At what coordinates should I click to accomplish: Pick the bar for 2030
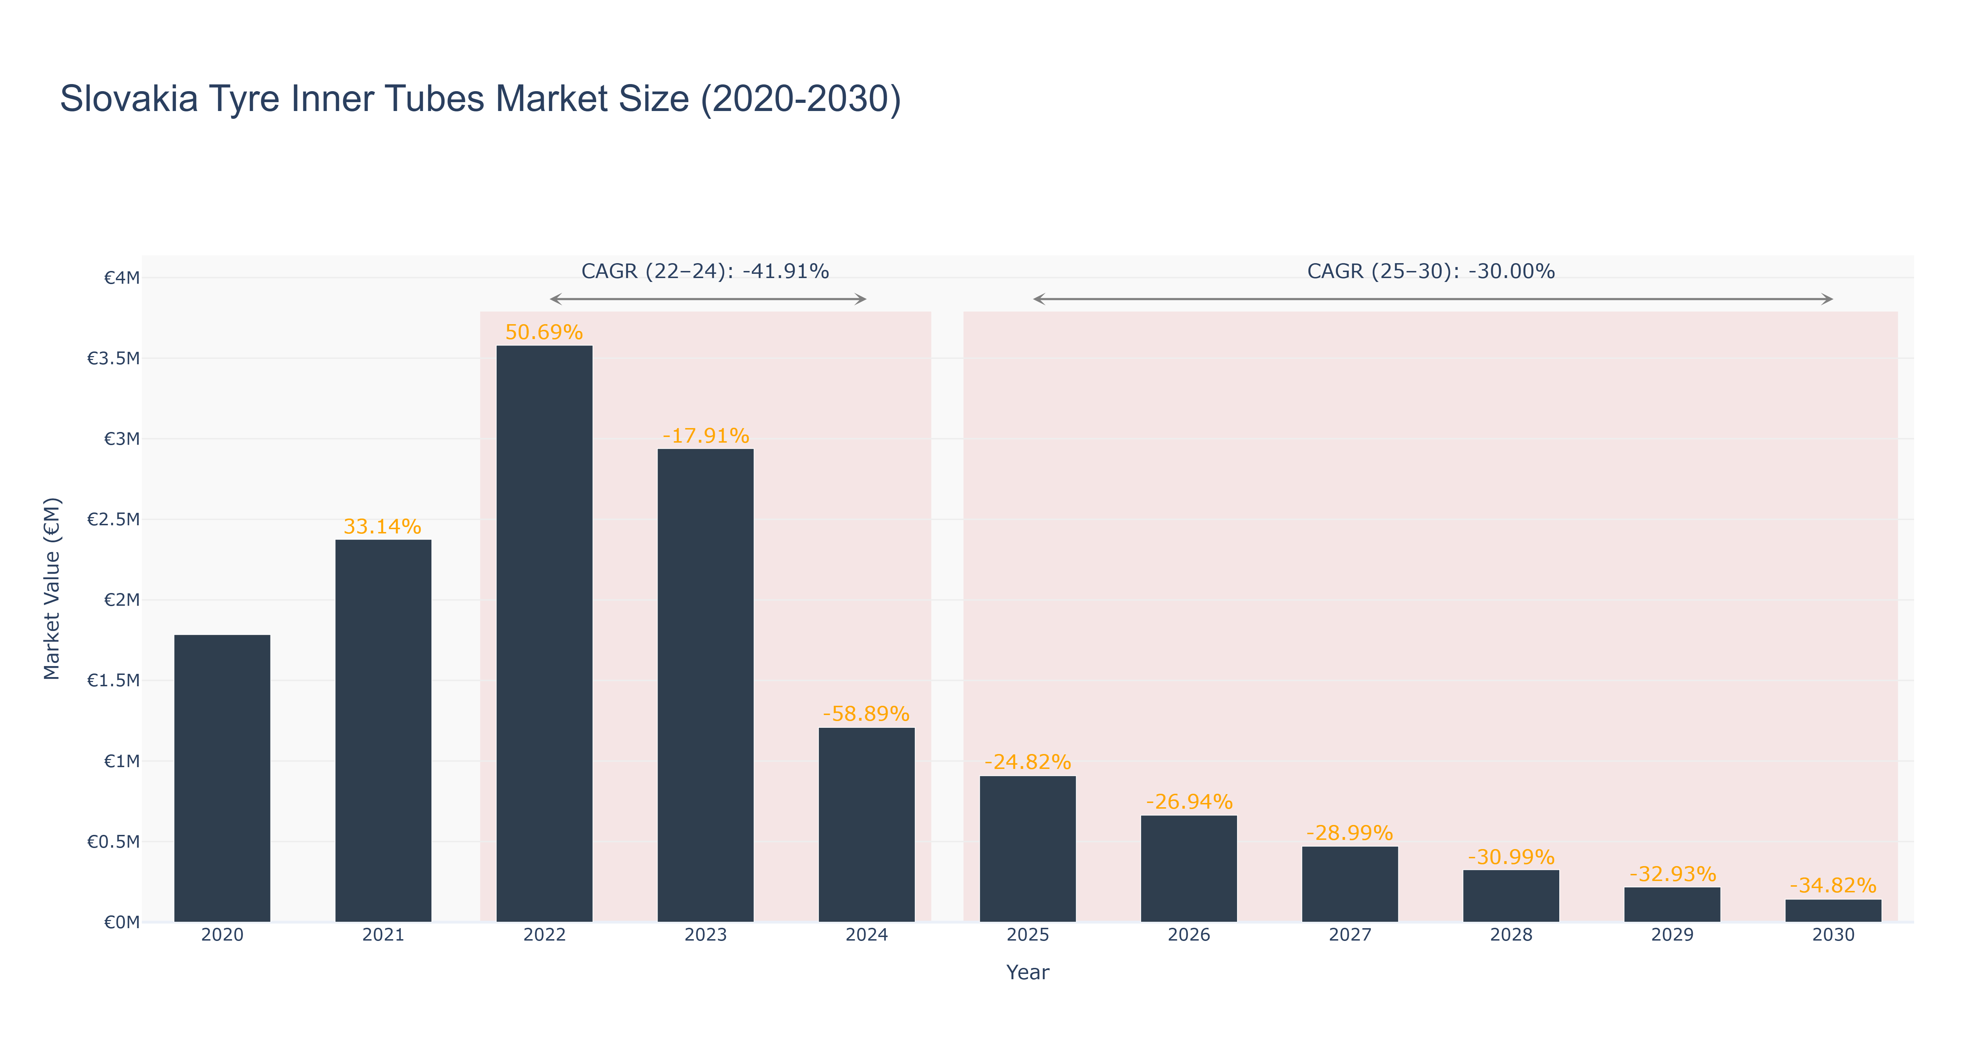click(1833, 910)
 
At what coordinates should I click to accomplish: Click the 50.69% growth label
click(544, 332)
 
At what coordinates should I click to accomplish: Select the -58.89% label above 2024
click(866, 714)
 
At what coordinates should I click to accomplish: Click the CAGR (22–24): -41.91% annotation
click(705, 271)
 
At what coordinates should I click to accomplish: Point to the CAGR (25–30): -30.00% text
click(1431, 271)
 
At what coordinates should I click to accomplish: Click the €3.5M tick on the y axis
click(113, 359)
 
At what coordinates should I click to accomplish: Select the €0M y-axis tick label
click(122, 922)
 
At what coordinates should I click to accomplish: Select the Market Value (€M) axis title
click(52, 588)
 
